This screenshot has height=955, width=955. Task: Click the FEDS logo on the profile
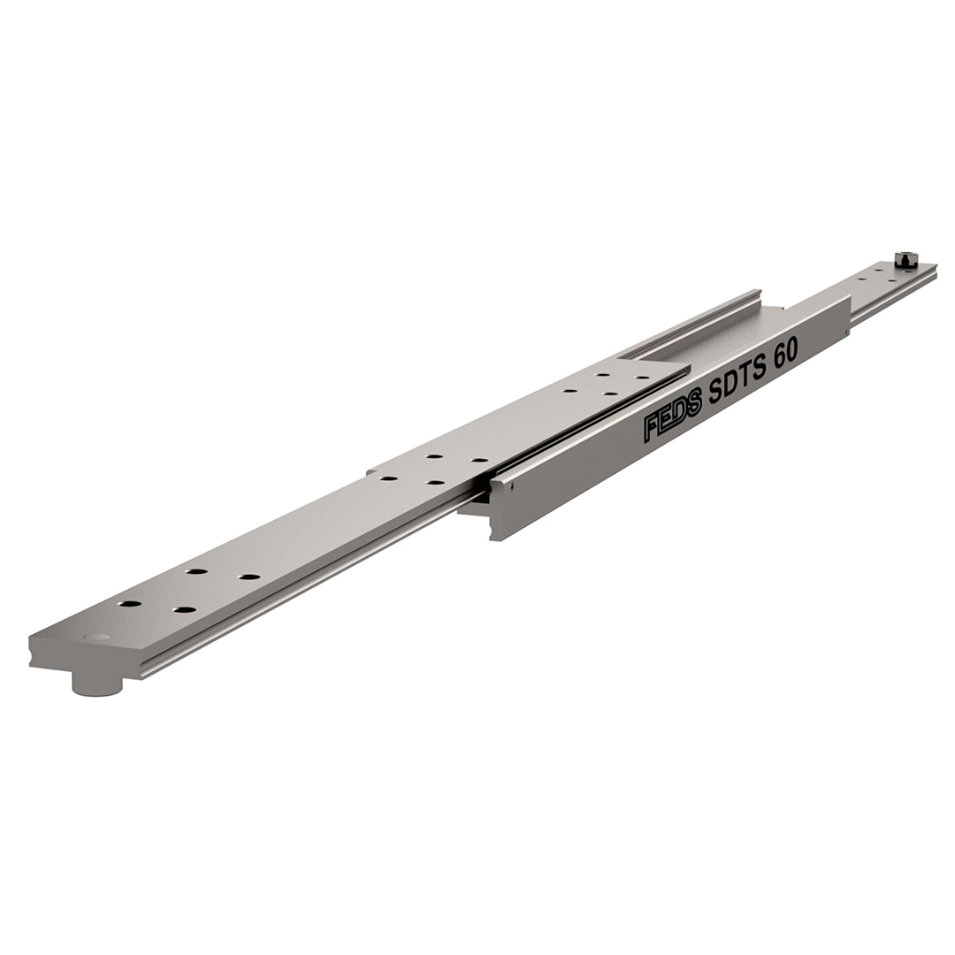[673, 418]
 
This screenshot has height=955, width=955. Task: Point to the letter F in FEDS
[652, 429]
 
